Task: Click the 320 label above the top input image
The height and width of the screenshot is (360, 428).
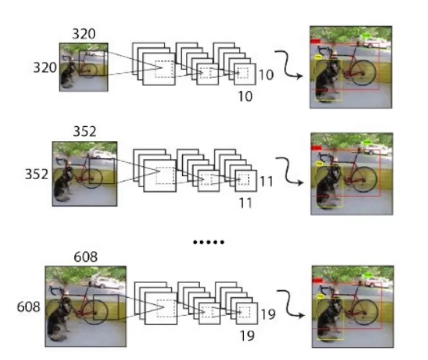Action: [84, 34]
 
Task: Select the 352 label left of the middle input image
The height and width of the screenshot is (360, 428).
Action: [37, 174]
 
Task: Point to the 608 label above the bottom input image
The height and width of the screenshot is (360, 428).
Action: [85, 257]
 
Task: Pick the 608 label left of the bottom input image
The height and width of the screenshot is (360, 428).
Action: [30, 306]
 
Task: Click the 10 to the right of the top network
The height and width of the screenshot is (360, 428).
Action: [265, 75]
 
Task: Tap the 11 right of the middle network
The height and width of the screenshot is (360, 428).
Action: [266, 182]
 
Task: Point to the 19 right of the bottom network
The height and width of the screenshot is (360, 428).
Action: [267, 316]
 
